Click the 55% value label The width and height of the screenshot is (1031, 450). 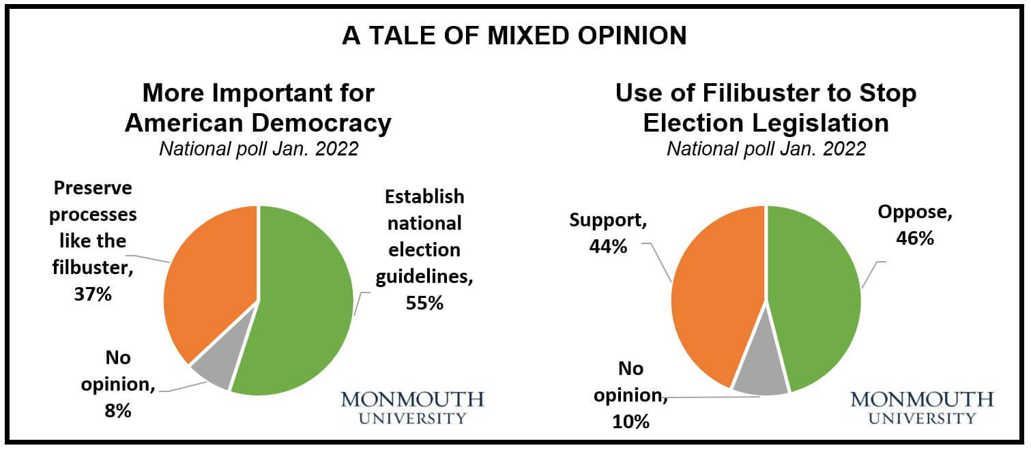pyautogui.click(x=423, y=303)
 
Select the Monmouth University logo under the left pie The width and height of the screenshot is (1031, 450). pyautogui.click(x=412, y=407)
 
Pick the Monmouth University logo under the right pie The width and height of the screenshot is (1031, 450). pyautogui.click(x=923, y=407)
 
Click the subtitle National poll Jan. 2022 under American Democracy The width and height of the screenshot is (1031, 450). pyautogui.click(x=259, y=149)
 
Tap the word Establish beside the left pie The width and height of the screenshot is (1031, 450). pyautogui.click(x=424, y=197)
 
